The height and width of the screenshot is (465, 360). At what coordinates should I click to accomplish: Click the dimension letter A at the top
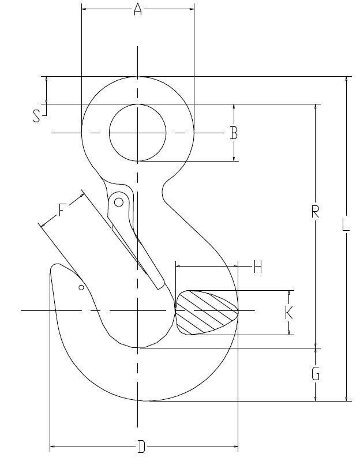pyautogui.click(x=138, y=9)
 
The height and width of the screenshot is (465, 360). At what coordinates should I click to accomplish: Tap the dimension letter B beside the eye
pyautogui.click(x=234, y=133)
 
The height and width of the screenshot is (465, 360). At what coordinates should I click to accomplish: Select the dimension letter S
pyautogui.click(x=37, y=117)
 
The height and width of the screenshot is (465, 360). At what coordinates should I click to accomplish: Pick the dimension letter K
pyautogui.click(x=289, y=313)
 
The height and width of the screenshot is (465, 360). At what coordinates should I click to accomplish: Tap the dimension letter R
pyautogui.click(x=315, y=212)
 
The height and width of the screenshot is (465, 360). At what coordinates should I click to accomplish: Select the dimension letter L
pyautogui.click(x=346, y=225)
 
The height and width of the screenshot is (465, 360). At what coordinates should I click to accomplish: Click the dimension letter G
pyautogui.click(x=316, y=375)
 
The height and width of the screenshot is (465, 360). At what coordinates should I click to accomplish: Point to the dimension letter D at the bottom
pyautogui.click(x=141, y=447)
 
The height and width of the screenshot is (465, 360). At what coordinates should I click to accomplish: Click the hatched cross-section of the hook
pyautogui.click(x=206, y=312)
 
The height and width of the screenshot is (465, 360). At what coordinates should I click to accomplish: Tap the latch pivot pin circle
pyautogui.click(x=119, y=202)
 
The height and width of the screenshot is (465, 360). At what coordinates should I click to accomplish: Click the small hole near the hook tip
pyautogui.click(x=81, y=287)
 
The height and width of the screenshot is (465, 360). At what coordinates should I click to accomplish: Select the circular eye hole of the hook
pyautogui.click(x=138, y=133)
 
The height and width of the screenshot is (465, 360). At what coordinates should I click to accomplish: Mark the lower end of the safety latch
pyautogui.click(x=159, y=284)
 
